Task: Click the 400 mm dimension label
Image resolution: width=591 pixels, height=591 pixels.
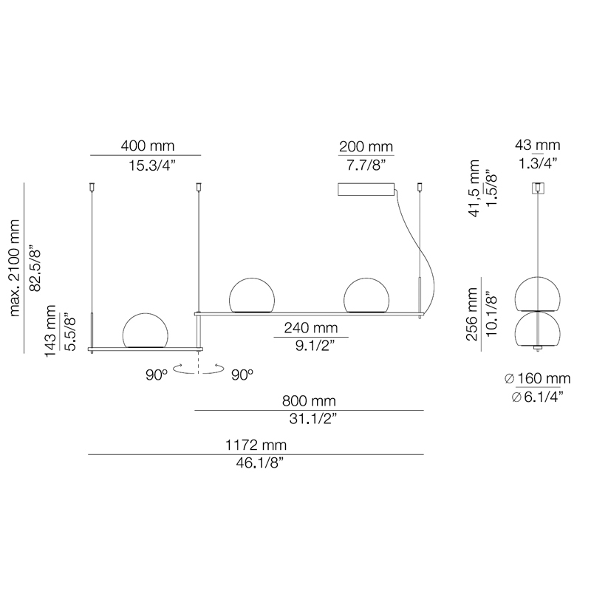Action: tap(147, 146)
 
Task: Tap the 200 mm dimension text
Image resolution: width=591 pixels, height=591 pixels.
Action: tap(366, 146)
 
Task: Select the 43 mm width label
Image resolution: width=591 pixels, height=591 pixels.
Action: tap(538, 145)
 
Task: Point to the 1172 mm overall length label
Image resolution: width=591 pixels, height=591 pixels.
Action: tap(256, 445)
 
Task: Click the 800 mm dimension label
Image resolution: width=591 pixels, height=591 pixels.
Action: tap(309, 400)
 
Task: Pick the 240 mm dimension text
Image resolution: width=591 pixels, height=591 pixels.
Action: tap(310, 328)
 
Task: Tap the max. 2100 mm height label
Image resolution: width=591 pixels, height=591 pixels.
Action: tap(14, 268)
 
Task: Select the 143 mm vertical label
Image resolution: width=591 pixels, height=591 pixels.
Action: tap(50, 331)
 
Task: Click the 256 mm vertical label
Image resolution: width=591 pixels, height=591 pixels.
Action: tap(472, 315)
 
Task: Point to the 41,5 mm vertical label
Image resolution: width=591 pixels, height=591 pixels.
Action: tap(474, 188)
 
